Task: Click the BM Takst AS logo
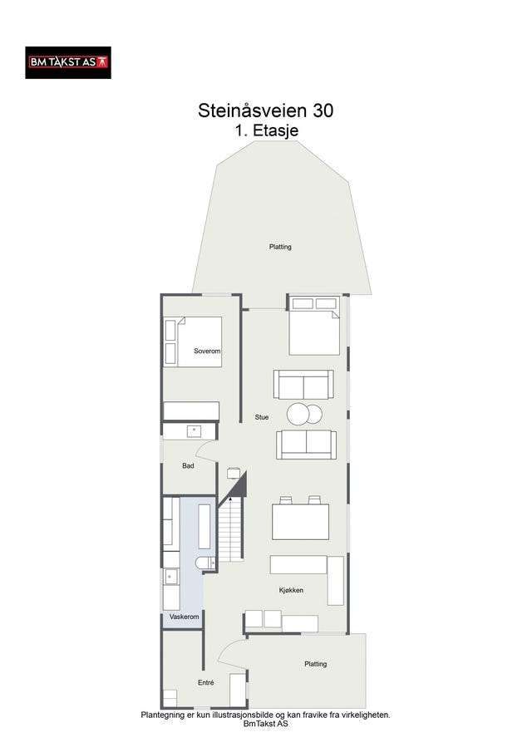click(x=68, y=62)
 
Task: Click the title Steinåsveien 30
click(x=265, y=111)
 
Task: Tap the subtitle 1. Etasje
click(x=266, y=130)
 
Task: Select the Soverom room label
click(x=207, y=351)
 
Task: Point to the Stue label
click(x=262, y=417)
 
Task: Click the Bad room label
click(x=188, y=465)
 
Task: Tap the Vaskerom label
click(x=185, y=617)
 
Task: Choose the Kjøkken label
click(x=291, y=590)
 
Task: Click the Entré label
click(x=206, y=682)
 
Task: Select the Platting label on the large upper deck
click(x=280, y=247)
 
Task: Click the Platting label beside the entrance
click(x=316, y=664)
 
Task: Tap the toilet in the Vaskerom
click(x=205, y=563)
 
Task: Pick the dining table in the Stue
click(x=300, y=522)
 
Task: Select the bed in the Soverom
click(x=193, y=342)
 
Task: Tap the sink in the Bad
click(x=195, y=430)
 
